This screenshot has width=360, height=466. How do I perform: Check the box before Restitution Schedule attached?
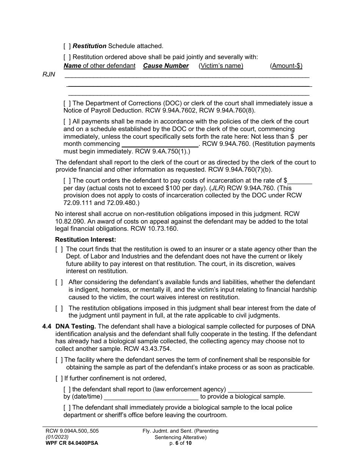pos(67,46)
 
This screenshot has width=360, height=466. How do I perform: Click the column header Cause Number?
pos(166,66)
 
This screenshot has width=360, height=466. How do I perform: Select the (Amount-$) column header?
pos(286,66)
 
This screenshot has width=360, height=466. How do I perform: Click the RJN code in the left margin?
pos(49,75)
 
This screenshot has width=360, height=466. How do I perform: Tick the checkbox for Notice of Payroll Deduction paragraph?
pos(67,103)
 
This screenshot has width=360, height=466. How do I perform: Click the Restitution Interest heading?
pos(86,239)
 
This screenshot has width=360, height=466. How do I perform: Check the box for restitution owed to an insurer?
pos(59,249)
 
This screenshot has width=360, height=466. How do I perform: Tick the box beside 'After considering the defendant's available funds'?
pos(59,282)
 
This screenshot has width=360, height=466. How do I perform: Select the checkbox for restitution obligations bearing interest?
pos(59,308)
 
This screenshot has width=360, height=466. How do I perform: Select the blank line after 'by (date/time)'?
pos(151,397)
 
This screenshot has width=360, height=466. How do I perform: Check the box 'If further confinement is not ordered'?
pos(59,378)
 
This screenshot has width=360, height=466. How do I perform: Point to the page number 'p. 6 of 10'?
pos(180,443)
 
